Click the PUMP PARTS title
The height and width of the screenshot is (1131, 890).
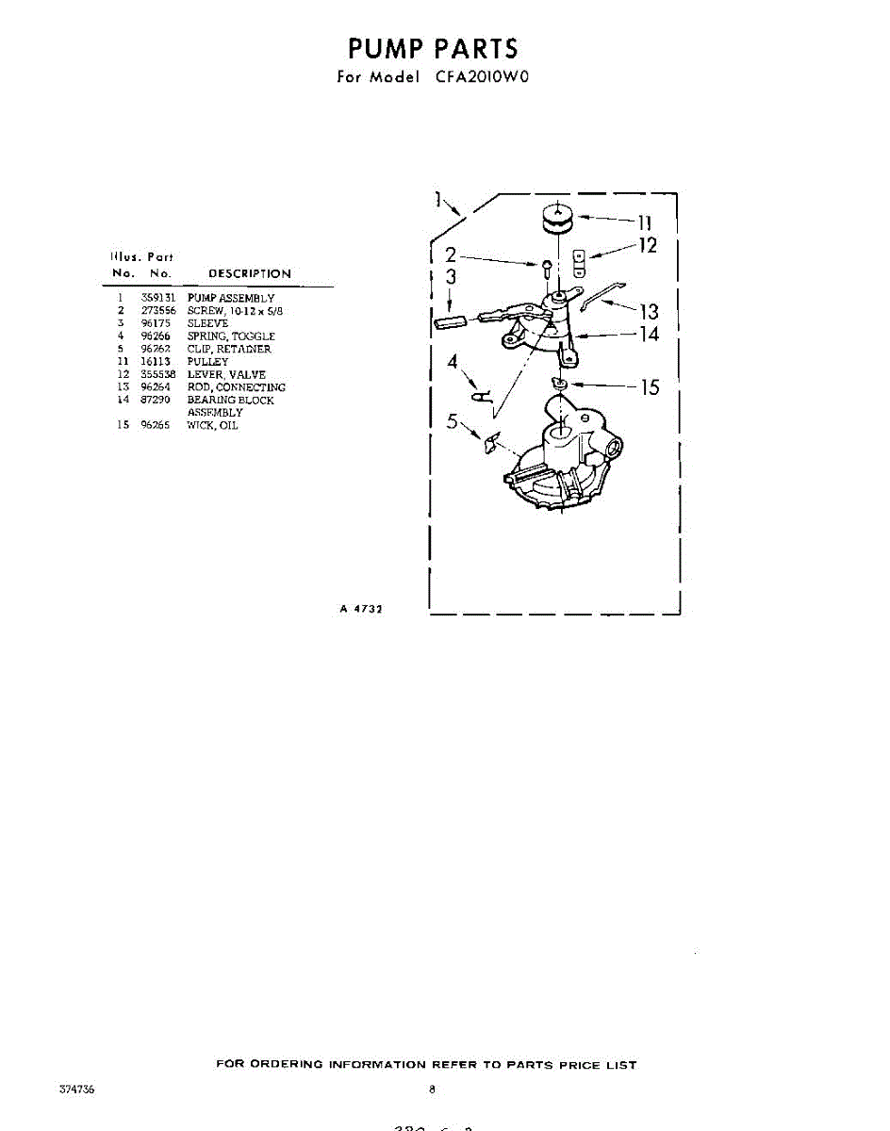tap(433, 48)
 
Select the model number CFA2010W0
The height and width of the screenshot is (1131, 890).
tap(483, 77)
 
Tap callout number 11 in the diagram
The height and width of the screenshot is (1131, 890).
tap(644, 222)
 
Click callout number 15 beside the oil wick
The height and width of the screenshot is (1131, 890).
tap(650, 387)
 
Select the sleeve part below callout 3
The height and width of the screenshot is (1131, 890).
tap(450, 321)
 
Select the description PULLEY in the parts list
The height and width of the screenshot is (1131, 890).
tap(207, 362)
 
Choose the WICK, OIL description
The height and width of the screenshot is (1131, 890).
tap(212, 425)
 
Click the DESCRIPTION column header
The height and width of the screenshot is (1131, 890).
tap(249, 273)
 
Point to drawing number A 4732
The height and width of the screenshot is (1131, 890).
tap(360, 610)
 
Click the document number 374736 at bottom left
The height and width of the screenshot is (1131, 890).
tap(76, 1090)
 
